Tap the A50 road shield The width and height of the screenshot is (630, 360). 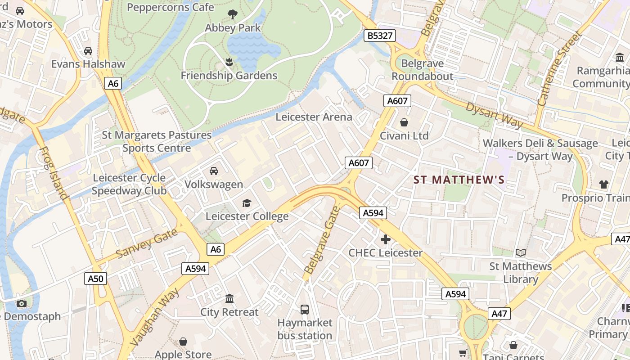pyautogui.click(x=95, y=279)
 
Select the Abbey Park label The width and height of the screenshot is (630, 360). pyautogui.click(x=233, y=28)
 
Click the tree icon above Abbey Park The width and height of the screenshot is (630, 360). pyautogui.click(x=233, y=14)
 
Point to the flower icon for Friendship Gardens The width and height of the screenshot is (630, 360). pyautogui.click(x=229, y=62)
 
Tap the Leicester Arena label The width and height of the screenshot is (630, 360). pyautogui.click(x=314, y=117)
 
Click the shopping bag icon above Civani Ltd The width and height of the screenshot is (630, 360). pyautogui.click(x=404, y=122)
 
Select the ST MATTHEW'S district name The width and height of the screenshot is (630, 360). pyautogui.click(x=459, y=180)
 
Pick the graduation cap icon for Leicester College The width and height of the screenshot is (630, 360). pyautogui.click(x=247, y=203)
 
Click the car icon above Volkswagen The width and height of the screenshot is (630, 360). pyautogui.click(x=214, y=171)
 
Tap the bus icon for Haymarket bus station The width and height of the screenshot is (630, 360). pyautogui.click(x=305, y=310)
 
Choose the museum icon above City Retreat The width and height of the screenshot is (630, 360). pyautogui.click(x=229, y=299)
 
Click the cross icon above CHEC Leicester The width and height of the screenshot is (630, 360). pyautogui.click(x=386, y=239)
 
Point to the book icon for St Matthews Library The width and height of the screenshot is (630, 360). pyautogui.click(x=521, y=253)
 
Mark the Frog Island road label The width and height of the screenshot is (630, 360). pyautogui.click(x=53, y=173)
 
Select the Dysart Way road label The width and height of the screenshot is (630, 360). pyautogui.click(x=494, y=115)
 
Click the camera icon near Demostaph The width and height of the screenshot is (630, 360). pyautogui.click(x=21, y=303)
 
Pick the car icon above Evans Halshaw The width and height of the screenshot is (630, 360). pyautogui.click(x=88, y=51)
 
